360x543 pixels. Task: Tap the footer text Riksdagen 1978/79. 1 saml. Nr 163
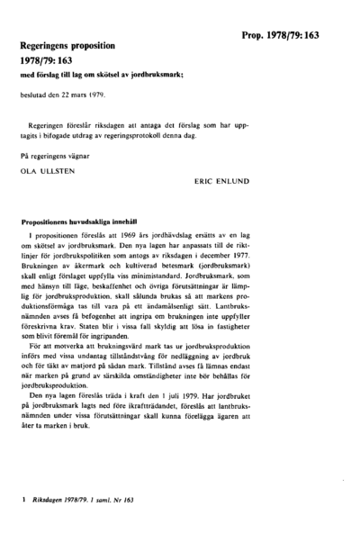[85, 497]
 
